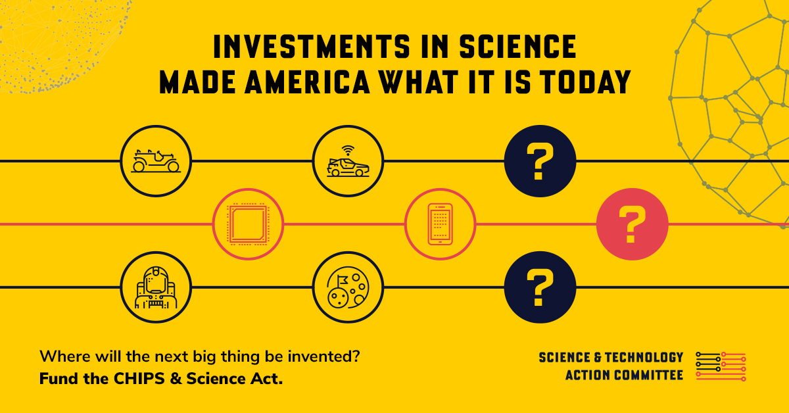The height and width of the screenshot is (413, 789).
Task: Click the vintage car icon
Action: click(x=156, y=161)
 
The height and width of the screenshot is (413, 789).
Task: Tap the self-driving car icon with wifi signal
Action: click(x=348, y=161)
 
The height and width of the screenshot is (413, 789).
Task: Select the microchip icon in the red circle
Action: click(x=249, y=224)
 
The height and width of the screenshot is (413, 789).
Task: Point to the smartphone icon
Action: click(x=440, y=224)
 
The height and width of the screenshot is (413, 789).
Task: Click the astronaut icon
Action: click(x=156, y=287)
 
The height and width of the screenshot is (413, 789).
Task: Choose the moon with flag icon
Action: click(x=348, y=287)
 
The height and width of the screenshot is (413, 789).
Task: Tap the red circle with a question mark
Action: click(x=632, y=224)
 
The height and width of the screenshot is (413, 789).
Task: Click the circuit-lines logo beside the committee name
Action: click(x=721, y=366)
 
